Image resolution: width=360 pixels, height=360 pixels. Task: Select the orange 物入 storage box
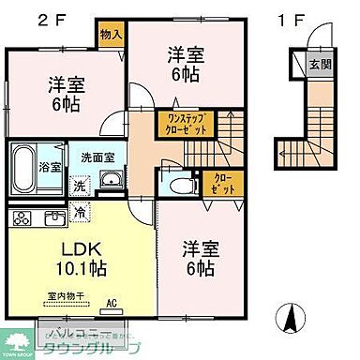coord(110,34)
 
